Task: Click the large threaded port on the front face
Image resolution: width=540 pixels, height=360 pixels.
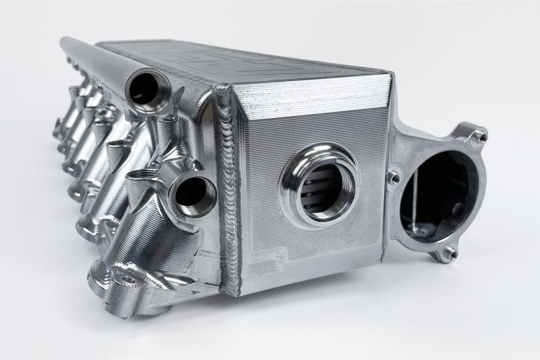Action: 319,183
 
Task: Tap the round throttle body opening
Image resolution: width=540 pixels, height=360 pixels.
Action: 435,192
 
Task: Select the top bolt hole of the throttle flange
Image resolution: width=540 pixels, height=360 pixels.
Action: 478,136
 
